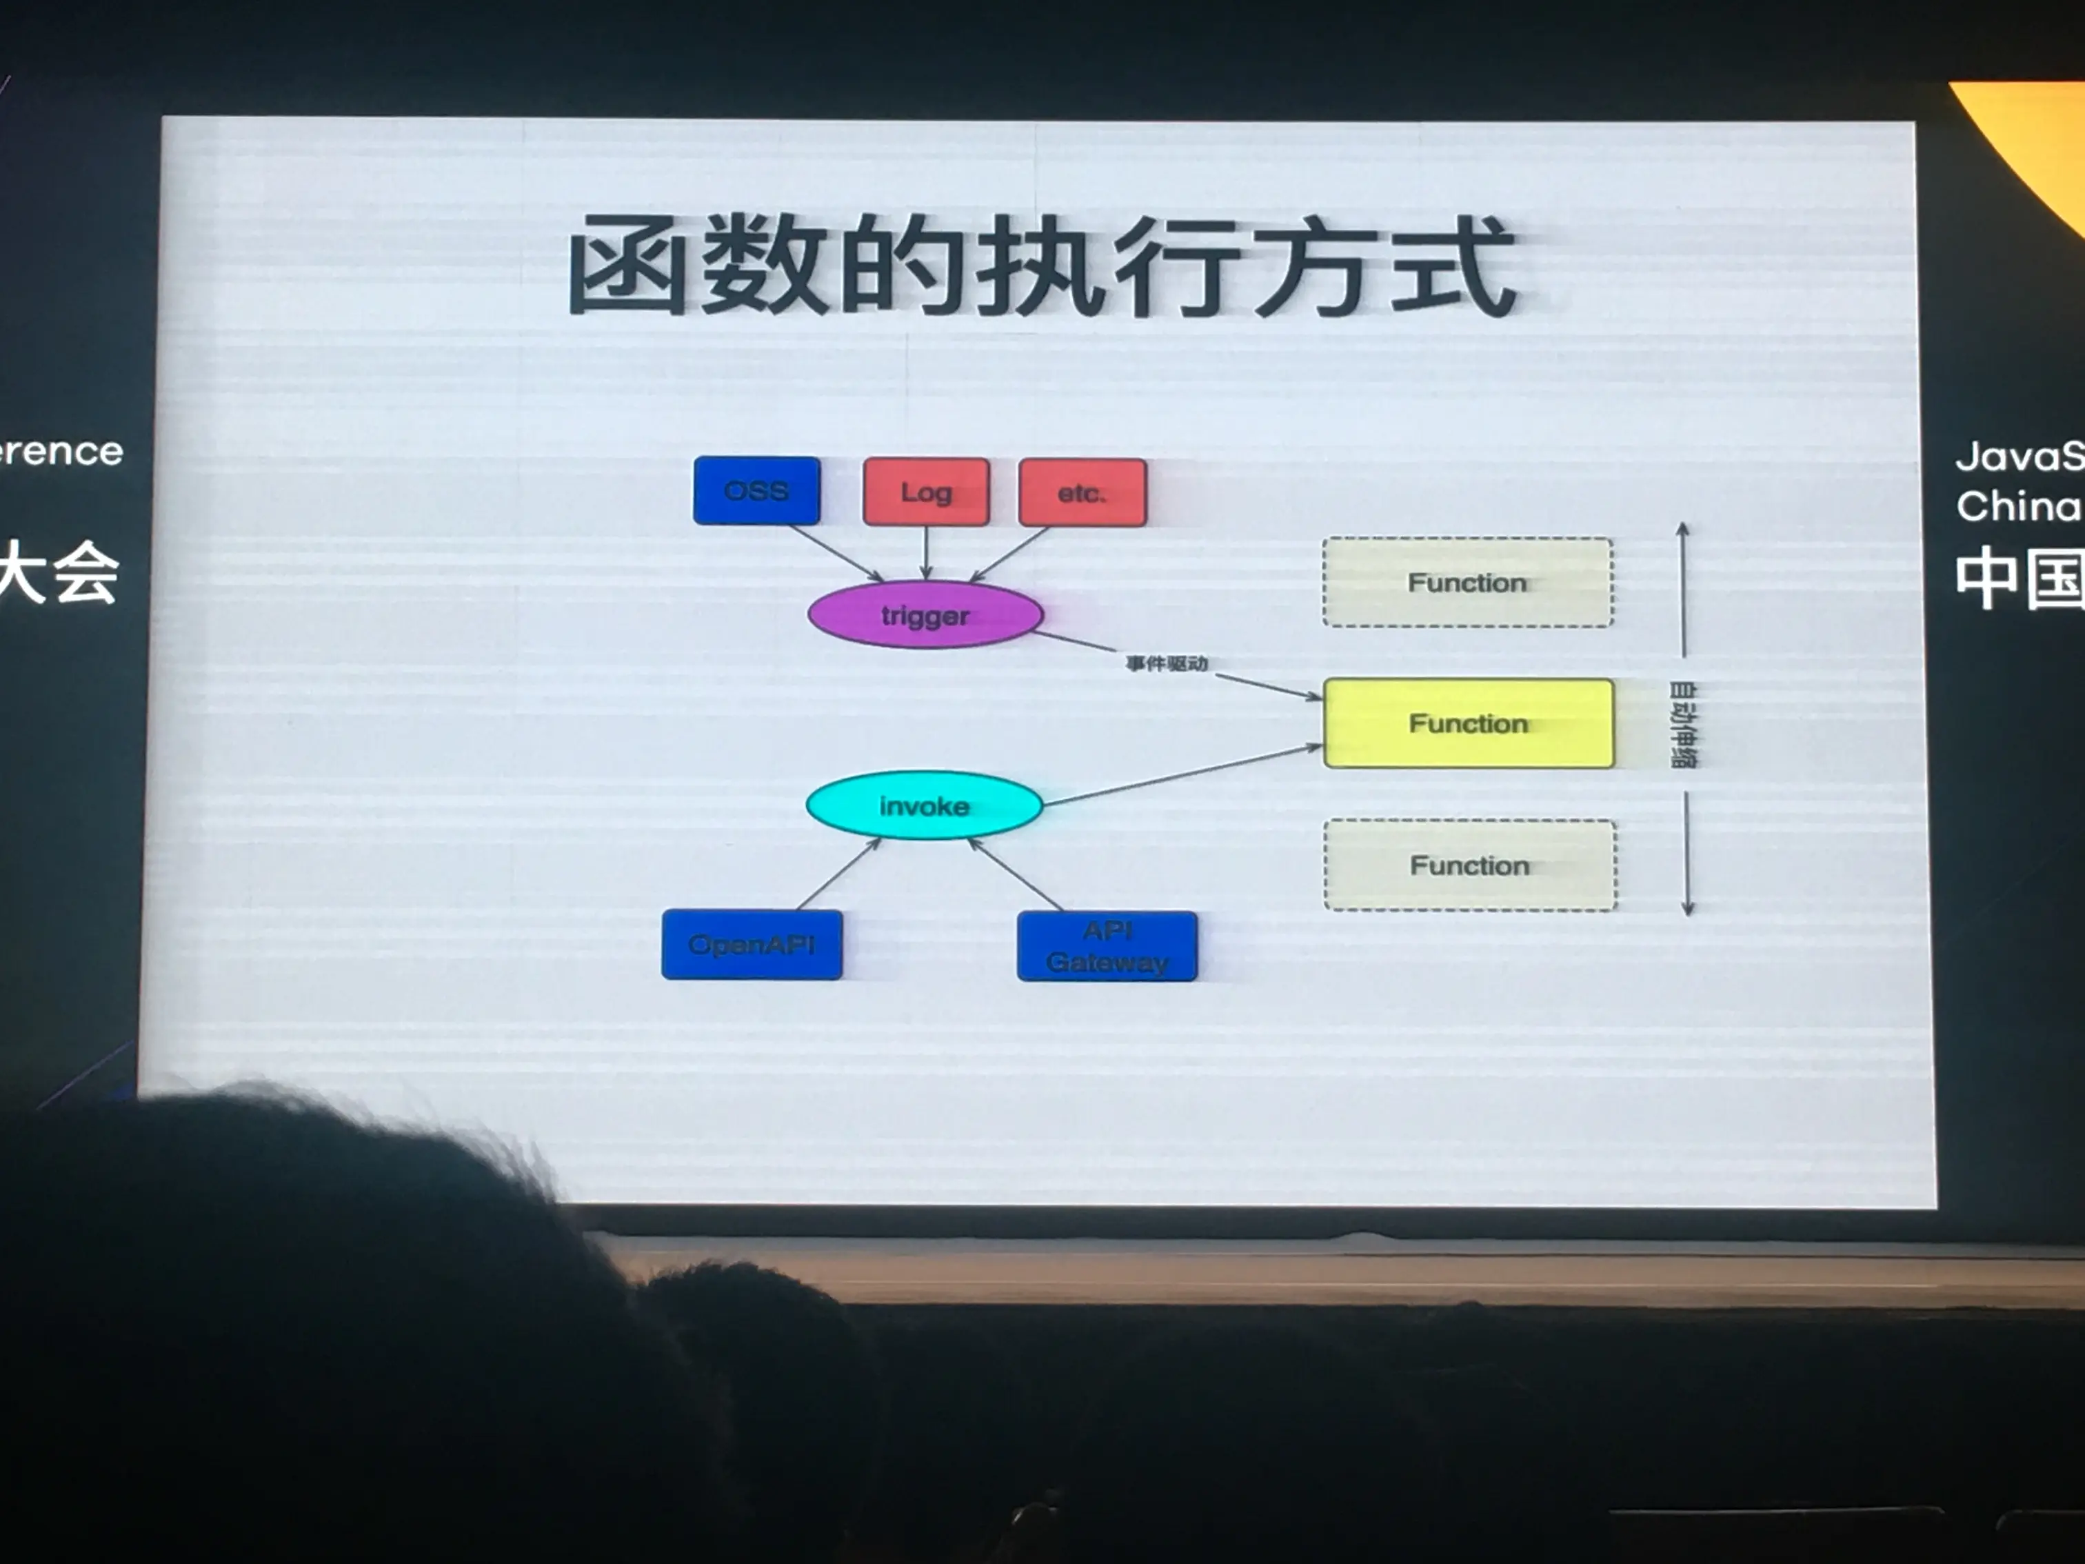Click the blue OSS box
pyautogui.click(x=756, y=490)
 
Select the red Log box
pyautogui.click(x=925, y=491)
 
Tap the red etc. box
pyautogui.click(x=1082, y=492)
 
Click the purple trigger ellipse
pyautogui.click(x=925, y=614)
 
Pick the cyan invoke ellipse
pyautogui.click(x=924, y=805)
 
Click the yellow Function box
pyautogui.click(x=1468, y=723)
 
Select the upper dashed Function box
pyautogui.click(x=1468, y=583)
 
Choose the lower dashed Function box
pyautogui.click(x=1469, y=865)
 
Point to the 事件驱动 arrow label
pyautogui.click(x=1167, y=663)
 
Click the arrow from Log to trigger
pyautogui.click(x=925, y=552)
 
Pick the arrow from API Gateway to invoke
pyautogui.click(x=1016, y=875)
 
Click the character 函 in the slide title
pyautogui.click(x=626, y=266)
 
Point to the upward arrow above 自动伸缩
pyautogui.click(x=1682, y=589)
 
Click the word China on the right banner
pyautogui.click(x=2017, y=506)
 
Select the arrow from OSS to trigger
pyautogui.click(x=834, y=552)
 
